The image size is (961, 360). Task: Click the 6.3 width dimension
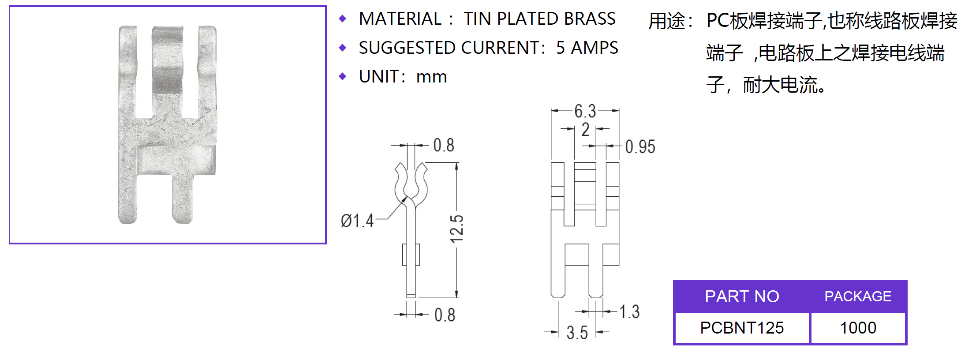click(x=585, y=111)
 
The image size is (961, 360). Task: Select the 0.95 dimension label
click(x=640, y=147)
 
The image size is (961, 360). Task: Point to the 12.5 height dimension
click(x=456, y=229)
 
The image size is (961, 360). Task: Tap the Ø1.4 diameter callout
click(x=357, y=221)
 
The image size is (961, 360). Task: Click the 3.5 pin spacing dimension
click(x=577, y=333)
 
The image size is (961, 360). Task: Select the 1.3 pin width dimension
click(x=629, y=312)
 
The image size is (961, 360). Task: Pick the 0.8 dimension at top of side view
click(x=444, y=145)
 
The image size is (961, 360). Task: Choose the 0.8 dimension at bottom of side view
click(x=445, y=315)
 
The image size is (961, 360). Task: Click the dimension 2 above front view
click(x=585, y=130)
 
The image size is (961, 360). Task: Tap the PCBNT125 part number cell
click(x=742, y=328)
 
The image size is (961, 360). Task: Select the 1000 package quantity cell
click(x=858, y=328)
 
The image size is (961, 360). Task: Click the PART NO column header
click(x=742, y=296)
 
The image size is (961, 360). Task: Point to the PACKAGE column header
click(x=858, y=296)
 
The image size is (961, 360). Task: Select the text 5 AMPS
click(x=587, y=48)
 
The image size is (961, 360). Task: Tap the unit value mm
click(x=431, y=77)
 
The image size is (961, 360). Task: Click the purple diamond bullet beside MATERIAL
click(x=343, y=19)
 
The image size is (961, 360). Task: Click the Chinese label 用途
click(x=667, y=21)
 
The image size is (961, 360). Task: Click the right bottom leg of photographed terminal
click(x=182, y=199)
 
